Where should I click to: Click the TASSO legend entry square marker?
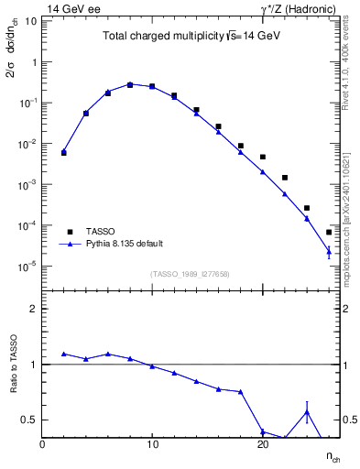[x=70, y=232]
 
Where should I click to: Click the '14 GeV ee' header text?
[x=72, y=8]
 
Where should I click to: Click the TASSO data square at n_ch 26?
[x=329, y=233]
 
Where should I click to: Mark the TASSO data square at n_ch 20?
[x=263, y=157]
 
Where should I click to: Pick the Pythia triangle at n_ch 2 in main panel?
[x=64, y=151]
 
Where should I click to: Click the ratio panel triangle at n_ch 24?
[x=307, y=411]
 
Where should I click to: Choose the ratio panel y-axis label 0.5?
[x=27, y=420]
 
